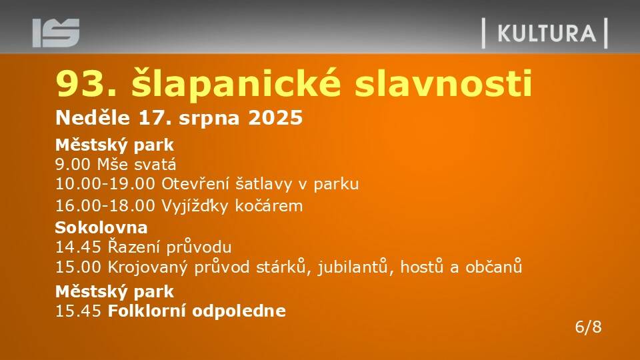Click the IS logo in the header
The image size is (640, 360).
tap(56, 33)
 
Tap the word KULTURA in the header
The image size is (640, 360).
tap(547, 33)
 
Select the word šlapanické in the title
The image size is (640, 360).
tap(236, 83)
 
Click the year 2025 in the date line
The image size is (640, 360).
tap(275, 118)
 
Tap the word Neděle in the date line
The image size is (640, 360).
tap(93, 117)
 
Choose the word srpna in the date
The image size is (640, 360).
tap(209, 119)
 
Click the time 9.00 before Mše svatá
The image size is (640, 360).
tap(73, 165)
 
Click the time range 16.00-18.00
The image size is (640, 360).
tap(105, 206)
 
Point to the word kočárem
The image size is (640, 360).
tap(269, 205)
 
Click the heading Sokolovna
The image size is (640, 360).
tap(101, 227)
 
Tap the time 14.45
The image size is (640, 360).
tap(78, 247)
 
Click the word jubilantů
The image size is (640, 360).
tap(352, 267)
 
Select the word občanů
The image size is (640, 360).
tap(494, 267)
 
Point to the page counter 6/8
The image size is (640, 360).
tap(588, 327)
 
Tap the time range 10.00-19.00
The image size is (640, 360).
tap(105, 184)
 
